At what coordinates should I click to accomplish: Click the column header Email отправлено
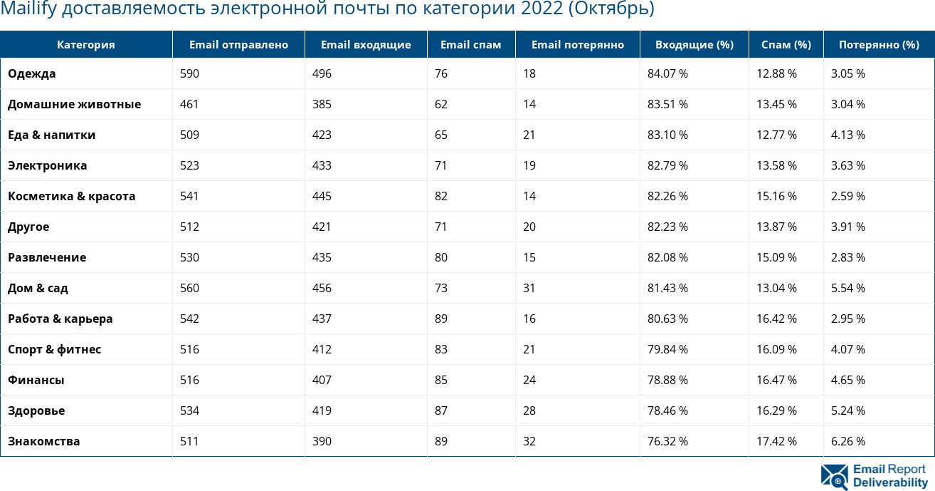coord(238,45)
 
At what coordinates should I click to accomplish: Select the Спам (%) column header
coord(786,45)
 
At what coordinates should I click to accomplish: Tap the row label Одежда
coord(32,73)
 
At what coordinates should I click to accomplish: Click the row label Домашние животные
coord(74,104)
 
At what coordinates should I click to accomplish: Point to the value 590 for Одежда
coord(189,73)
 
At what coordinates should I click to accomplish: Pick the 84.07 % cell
coord(667,73)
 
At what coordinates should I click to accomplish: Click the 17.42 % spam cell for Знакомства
coord(776,441)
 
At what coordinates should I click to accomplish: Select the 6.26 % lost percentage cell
coord(847,441)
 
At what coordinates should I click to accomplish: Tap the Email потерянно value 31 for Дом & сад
coord(529,288)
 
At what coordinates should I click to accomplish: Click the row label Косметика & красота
coord(71,196)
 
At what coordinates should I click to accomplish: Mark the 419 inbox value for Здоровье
coord(322,410)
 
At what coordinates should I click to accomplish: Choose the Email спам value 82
coord(441,196)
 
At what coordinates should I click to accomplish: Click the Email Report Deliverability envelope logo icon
coord(834,477)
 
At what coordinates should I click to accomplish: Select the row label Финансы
coord(36,380)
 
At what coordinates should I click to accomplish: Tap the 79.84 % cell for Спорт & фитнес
coord(667,349)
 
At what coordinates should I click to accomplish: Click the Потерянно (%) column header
coord(878,45)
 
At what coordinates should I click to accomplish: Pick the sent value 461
coord(189,104)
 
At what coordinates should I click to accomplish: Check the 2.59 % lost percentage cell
coord(847,196)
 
